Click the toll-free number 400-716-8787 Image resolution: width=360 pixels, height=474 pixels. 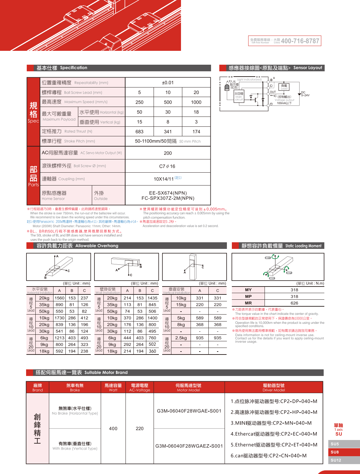point(300,41)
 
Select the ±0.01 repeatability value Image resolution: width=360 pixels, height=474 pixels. point(168,83)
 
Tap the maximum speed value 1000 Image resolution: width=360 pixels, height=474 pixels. point(196,102)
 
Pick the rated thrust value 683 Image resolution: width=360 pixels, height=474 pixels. point(139,132)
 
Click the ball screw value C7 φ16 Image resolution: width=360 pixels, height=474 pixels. point(167,166)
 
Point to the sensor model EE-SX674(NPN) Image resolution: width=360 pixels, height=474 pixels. point(168,193)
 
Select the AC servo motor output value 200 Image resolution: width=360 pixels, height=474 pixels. point(168,153)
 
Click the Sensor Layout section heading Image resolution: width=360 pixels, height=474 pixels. point(307,68)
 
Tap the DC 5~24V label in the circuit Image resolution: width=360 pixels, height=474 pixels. point(305,94)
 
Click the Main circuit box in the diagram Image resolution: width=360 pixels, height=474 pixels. point(239,96)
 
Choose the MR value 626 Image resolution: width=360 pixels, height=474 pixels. point(294,303)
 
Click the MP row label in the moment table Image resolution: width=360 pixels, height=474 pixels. point(248,296)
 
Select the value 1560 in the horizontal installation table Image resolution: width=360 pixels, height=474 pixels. point(59,298)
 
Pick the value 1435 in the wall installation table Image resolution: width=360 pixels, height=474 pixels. point(152,298)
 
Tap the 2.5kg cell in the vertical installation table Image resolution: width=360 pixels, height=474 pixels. point(181,338)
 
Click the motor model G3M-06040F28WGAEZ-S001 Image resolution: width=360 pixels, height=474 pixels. point(189,446)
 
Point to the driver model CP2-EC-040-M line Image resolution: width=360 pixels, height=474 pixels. point(274,434)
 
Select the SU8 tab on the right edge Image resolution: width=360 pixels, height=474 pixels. point(335,452)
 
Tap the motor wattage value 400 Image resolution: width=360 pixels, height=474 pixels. point(113,428)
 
